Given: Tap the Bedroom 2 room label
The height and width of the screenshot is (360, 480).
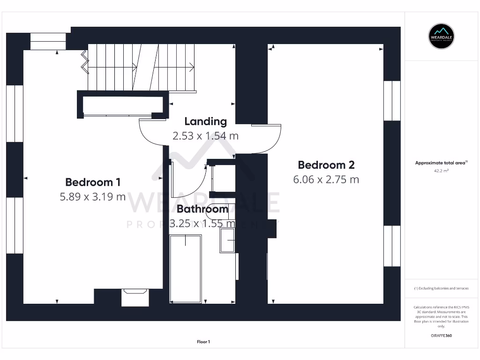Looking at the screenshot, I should click(x=326, y=165).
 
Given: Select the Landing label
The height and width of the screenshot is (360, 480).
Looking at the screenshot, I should click(x=205, y=121).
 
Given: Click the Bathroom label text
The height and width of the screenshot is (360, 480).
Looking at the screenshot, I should click(x=202, y=210).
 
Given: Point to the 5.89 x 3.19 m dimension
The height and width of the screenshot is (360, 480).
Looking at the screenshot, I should click(x=92, y=197).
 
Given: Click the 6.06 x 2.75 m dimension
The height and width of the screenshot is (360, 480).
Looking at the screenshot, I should click(x=326, y=180).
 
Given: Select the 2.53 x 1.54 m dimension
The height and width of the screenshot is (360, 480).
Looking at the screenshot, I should click(x=205, y=136).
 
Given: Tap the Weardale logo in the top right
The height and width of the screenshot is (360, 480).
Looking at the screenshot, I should click(x=442, y=36).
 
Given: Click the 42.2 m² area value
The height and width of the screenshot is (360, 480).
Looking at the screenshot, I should click(x=442, y=171).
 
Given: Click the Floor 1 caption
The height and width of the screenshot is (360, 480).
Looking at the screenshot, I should click(x=203, y=342).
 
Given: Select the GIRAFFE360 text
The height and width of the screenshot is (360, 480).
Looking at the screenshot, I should click(x=441, y=336).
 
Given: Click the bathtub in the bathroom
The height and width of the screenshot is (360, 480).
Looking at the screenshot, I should click(x=186, y=269).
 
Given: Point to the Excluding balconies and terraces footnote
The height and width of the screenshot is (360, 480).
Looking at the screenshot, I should click(x=441, y=288).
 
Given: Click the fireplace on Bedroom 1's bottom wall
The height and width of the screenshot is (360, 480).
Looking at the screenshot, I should click(x=135, y=297).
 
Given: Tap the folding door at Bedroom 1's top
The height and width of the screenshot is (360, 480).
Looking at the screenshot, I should click(x=85, y=62).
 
